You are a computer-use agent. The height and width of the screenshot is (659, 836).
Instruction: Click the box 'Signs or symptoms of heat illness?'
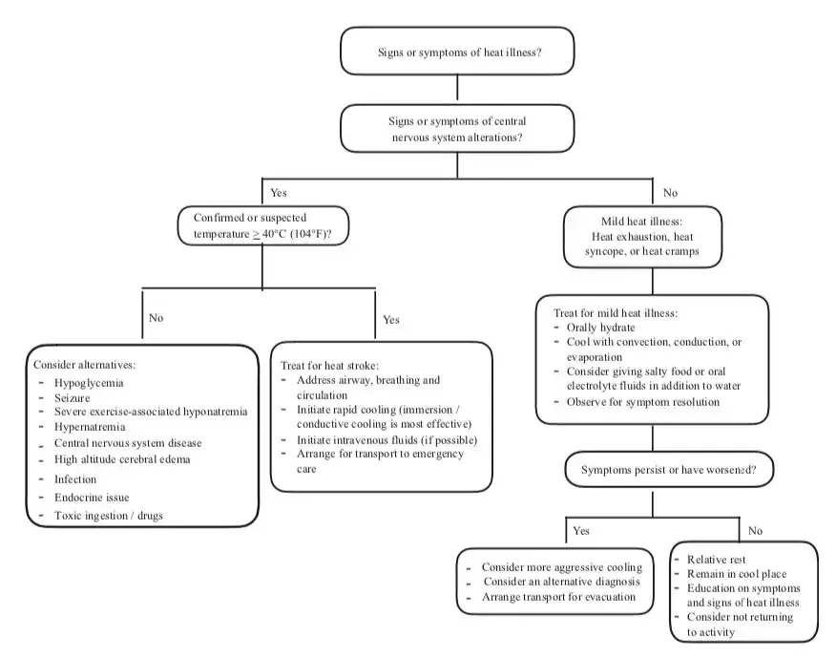pyautogui.click(x=458, y=52)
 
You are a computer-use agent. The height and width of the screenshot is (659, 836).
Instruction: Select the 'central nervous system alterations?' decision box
pyautogui.click(x=458, y=129)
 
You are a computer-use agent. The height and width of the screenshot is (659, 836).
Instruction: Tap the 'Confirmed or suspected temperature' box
pyautogui.click(x=262, y=224)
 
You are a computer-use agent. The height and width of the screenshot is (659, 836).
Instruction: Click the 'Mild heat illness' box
pyautogui.click(x=651, y=236)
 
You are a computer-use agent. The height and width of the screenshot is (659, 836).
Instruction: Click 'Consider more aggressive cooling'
pyautogui.click(x=561, y=566)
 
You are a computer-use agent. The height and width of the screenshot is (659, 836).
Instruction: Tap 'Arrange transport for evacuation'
pyautogui.click(x=556, y=597)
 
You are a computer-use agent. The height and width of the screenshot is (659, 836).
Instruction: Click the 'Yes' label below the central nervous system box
pyautogui.click(x=279, y=192)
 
